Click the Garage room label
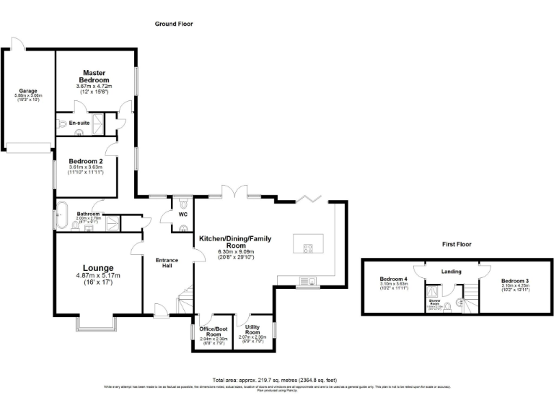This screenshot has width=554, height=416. pyautogui.click(x=28, y=91)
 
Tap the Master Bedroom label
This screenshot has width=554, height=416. pyautogui.click(x=94, y=76)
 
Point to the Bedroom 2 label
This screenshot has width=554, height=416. pyautogui.click(x=86, y=161)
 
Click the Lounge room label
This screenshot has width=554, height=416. pyautogui.click(x=97, y=266)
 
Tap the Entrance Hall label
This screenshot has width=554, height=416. pyautogui.click(x=167, y=262)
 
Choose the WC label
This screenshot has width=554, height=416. pyautogui.click(x=183, y=214)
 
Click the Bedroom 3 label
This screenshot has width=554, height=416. pyautogui.click(x=515, y=280)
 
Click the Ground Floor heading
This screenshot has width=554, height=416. pyautogui.click(x=174, y=24)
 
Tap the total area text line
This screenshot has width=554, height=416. pyautogui.click(x=274, y=380)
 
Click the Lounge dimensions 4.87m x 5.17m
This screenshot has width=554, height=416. pyautogui.click(x=97, y=275)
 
